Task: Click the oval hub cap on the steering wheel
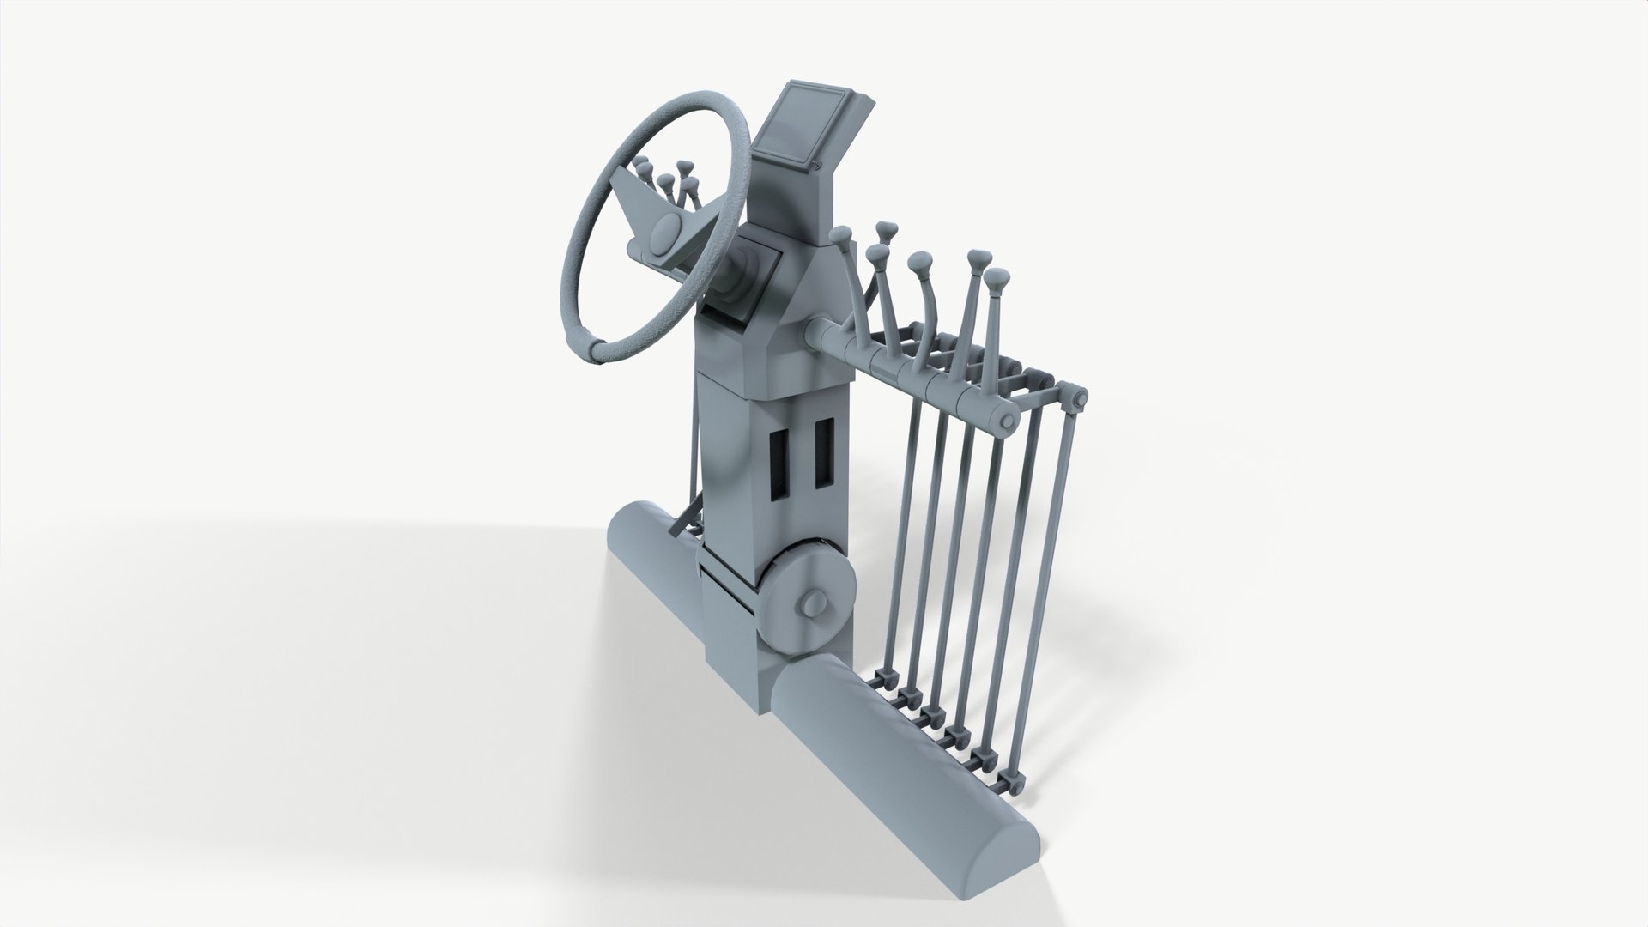665,233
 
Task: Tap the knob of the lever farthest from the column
995,278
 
